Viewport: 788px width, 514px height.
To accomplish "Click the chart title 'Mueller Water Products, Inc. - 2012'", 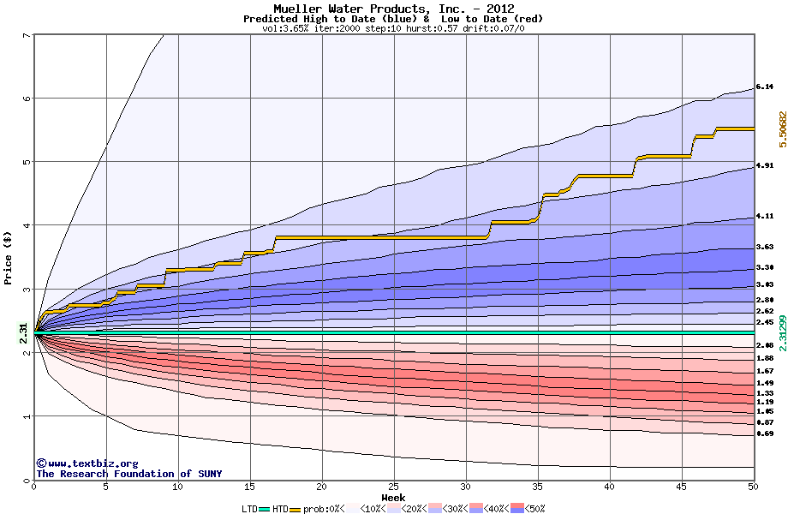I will (x=393, y=9).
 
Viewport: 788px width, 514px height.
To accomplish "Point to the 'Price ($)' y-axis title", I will (x=8, y=257).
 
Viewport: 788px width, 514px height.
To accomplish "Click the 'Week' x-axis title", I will (x=393, y=497).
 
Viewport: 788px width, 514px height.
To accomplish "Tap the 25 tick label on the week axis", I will (x=393, y=487).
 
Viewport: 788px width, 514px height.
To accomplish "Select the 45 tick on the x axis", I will (x=681, y=487).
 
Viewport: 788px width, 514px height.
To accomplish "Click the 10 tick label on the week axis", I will (x=177, y=487).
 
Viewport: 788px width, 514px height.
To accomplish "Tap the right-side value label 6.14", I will (x=765, y=87).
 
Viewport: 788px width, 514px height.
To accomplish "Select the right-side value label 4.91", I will (x=765, y=165).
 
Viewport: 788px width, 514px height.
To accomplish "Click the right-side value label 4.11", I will (x=765, y=216).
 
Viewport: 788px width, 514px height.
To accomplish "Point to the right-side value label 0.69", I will (x=765, y=434).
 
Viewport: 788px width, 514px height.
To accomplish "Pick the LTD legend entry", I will (x=249, y=508).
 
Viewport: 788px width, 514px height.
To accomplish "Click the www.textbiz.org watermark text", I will (x=87, y=463).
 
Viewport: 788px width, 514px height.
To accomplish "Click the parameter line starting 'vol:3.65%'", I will (x=393, y=28).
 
